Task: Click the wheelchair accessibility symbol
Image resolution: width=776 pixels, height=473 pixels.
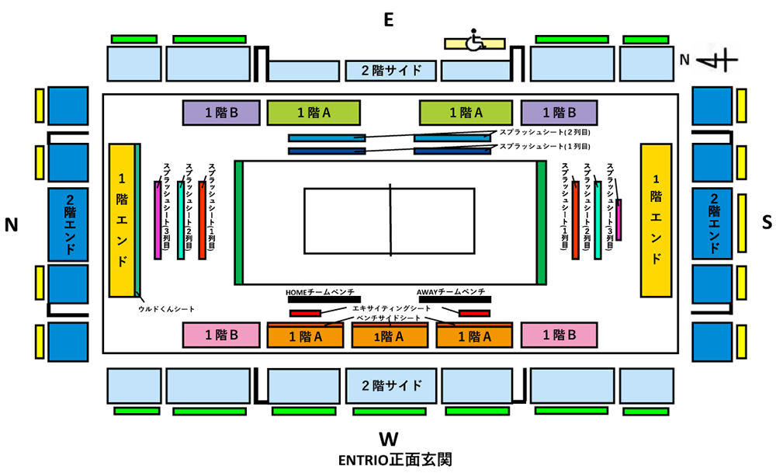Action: click(474, 40)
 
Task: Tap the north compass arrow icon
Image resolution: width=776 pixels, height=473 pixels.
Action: click(717, 59)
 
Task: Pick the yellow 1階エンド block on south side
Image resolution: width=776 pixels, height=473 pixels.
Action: click(656, 219)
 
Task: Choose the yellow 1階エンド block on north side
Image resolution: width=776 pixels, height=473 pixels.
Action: click(122, 219)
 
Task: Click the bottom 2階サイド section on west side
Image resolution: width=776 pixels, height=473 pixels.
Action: click(391, 384)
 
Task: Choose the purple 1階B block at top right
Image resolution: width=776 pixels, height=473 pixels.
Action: click(559, 113)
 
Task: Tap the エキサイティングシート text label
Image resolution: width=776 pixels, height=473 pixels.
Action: click(391, 309)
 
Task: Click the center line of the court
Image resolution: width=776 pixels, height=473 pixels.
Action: click(390, 221)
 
